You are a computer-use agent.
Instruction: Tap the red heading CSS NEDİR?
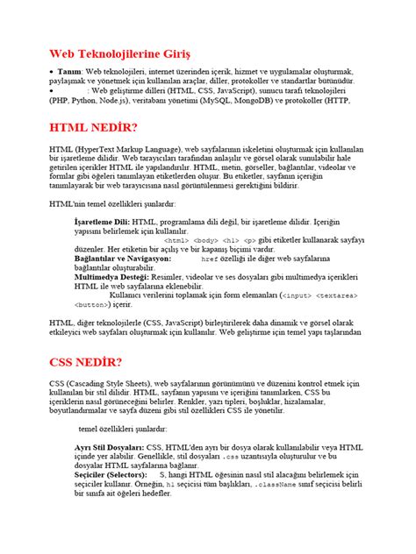pyautogui.click(x=86, y=361)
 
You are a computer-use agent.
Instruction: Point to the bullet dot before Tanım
pyautogui.click(x=53, y=71)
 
